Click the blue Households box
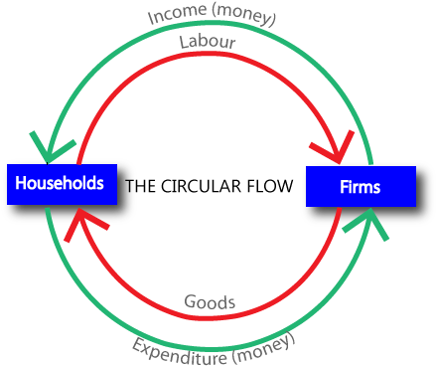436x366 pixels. pyautogui.click(x=62, y=184)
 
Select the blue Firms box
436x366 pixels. pyautogui.click(x=360, y=186)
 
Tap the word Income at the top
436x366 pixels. pyautogui.click(x=175, y=17)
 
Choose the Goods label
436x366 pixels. pyautogui.click(x=209, y=301)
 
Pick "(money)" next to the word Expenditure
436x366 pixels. pyautogui.click(x=264, y=346)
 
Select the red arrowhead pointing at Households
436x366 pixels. pyautogui.click(x=79, y=226)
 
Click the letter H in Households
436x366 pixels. pyautogui.click(x=21, y=184)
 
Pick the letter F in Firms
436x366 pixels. pyautogui.click(x=342, y=186)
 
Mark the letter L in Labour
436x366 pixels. pyautogui.click(x=184, y=43)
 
